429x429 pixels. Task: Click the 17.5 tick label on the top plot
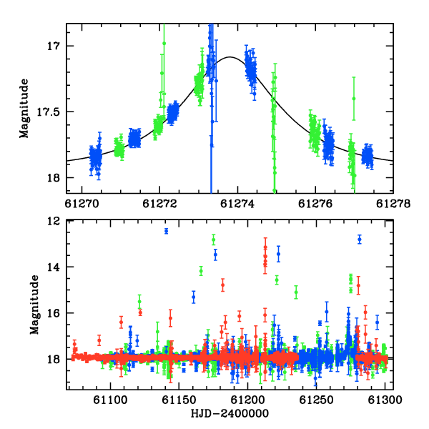[x=48, y=112]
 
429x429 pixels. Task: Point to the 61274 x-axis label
[x=237, y=204]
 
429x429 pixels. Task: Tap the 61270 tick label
[x=82, y=204]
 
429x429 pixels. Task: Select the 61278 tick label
[x=393, y=204]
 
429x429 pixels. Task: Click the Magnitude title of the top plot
[x=24, y=109]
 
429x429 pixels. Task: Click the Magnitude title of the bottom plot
[x=34, y=305]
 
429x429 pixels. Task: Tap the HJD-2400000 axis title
[x=230, y=413]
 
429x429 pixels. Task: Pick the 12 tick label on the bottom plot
[x=54, y=221]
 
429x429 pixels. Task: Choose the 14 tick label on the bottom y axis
[x=54, y=267]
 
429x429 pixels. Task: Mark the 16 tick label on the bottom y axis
[x=54, y=313]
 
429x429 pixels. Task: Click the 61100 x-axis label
[x=110, y=400]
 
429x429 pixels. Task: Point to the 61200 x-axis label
[x=247, y=400]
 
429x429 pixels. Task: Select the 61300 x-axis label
[x=385, y=400]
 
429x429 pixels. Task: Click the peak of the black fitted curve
[x=230, y=57]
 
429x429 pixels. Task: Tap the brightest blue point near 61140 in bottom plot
[x=166, y=231]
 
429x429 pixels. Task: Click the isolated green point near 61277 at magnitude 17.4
[x=354, y=99]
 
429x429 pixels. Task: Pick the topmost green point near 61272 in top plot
[x=164, y=43]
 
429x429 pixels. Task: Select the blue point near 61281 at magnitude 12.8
[x=360, y=240]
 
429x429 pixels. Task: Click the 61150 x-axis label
[x=179, y=400]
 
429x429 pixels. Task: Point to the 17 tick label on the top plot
[x=54, y=46]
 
